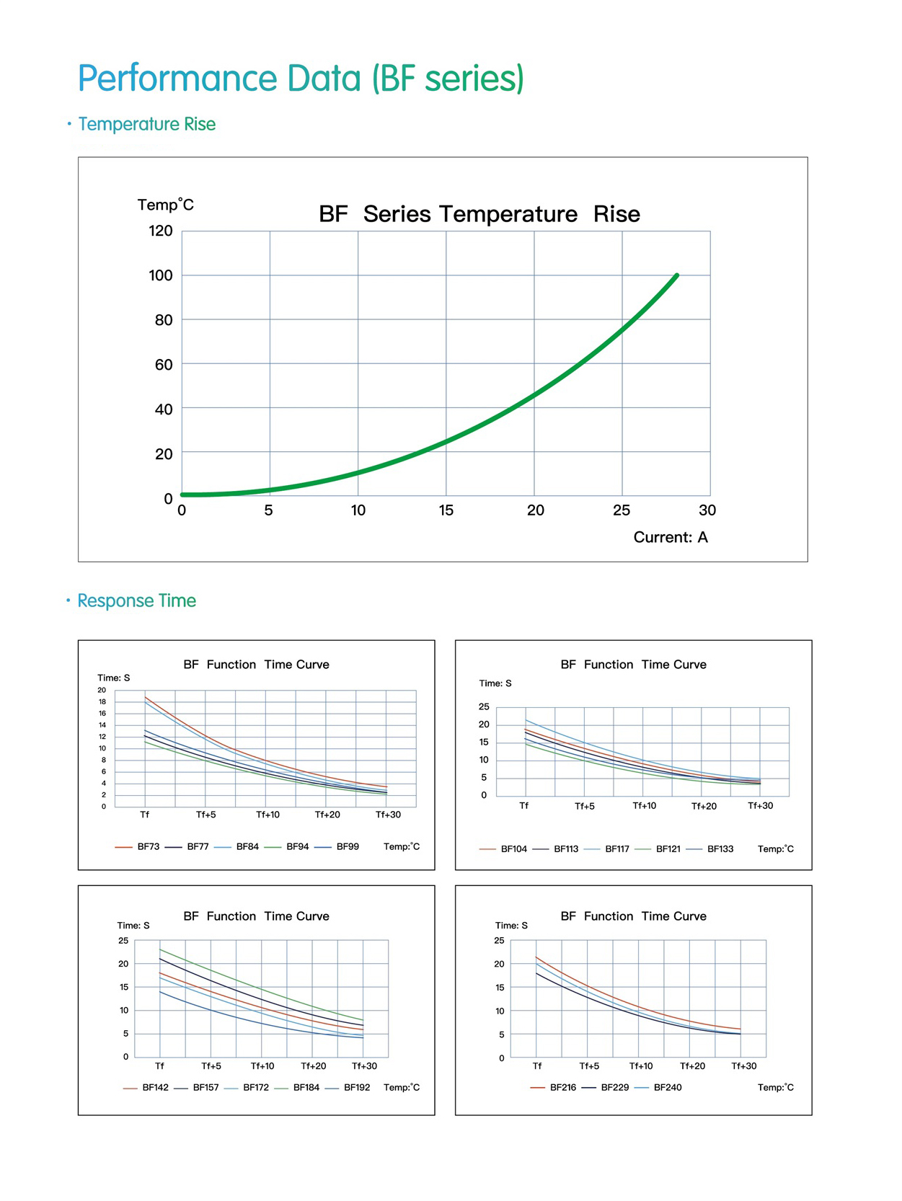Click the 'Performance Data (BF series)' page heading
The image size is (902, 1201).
pos(301,79)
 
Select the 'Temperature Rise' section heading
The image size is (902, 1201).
pos(146,124)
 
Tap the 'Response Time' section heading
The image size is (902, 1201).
pos(136,600)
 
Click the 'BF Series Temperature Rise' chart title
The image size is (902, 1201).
pos(479,214)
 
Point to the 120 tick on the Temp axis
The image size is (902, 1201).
pos(161,231)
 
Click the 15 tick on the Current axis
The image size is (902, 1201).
pos(446,510)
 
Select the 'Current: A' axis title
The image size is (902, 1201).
pos(671,537)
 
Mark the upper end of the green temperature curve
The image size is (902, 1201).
pos(676,275)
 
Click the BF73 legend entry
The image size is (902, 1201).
pos(148,846)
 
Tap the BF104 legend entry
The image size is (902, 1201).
pos(513,849)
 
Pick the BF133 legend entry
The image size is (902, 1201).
pos(720,849)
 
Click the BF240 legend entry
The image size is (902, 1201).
pos(667,1087)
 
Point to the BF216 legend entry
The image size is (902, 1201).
pos(562,1087)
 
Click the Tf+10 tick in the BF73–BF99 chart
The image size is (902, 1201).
pos(267,815)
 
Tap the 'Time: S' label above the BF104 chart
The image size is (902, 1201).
pos(495,683)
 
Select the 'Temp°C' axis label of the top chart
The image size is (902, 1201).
pos(166,205)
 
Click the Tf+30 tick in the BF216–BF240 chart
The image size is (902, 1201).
pos(744,1065)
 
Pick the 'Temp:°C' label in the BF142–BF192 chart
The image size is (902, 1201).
pos(402,1087)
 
